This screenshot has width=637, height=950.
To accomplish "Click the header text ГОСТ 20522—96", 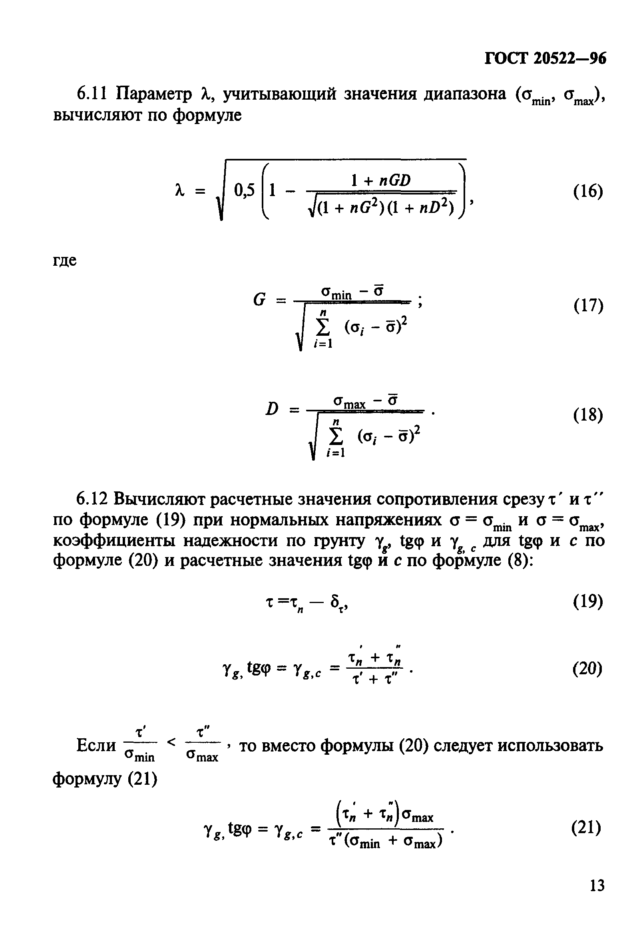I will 545,59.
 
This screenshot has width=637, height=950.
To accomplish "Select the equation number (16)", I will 588,191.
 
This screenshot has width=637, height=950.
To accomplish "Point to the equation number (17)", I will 588,305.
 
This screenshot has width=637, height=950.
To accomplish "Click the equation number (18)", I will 588,415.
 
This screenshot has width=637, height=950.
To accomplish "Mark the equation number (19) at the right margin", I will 588,601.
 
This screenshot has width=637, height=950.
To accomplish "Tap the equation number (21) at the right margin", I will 586,828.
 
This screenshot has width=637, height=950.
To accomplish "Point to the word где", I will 65,260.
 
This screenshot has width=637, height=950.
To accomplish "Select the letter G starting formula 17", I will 259,301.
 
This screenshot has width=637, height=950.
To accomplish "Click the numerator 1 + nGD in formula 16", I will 381,180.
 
